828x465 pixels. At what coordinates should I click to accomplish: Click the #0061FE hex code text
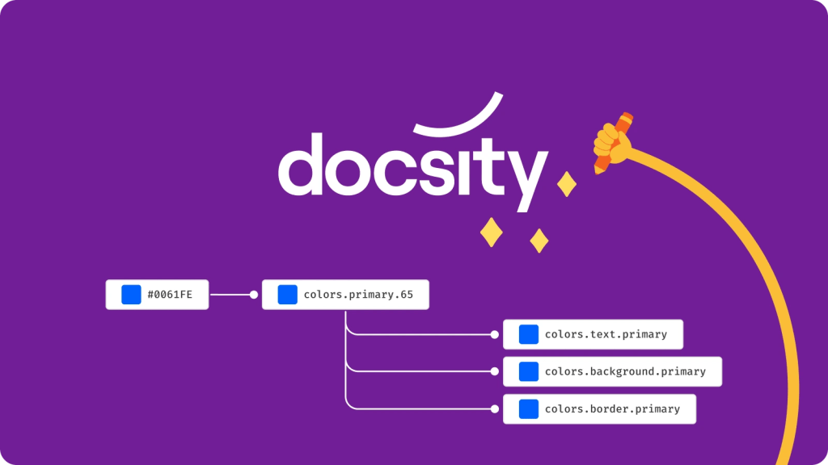(170, 295)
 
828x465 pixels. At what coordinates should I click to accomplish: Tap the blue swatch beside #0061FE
(131, 295)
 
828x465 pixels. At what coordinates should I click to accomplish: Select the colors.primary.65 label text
(358, 295)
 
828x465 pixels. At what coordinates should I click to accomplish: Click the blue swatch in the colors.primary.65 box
(287, 295)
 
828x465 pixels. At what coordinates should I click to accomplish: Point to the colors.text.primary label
(606, 334)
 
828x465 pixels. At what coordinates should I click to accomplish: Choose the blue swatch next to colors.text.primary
(529, 334)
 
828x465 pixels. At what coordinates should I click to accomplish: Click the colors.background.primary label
(625, 371)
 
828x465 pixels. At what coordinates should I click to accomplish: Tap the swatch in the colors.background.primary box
(529, 371)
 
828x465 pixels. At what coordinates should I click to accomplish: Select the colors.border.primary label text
(612, 409)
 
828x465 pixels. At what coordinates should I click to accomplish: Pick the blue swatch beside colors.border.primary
(529, 409)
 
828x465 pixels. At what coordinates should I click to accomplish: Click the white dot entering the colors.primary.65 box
(253, 295)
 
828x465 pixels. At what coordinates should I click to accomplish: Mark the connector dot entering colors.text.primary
(495, 334)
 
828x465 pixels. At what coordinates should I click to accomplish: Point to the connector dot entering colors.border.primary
(495, 409)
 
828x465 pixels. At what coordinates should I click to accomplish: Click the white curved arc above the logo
(458, 118)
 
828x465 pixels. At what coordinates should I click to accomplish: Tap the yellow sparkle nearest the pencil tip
(568, 183)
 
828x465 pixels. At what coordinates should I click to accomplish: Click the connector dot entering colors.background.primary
(495, 371)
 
